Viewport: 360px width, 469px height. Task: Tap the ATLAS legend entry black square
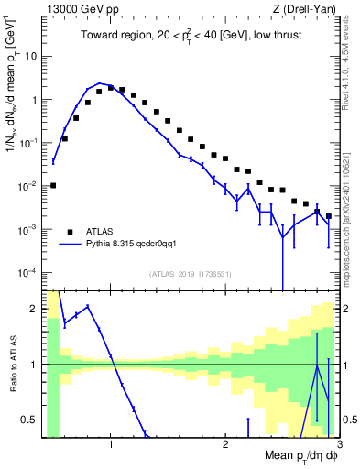[70, 231]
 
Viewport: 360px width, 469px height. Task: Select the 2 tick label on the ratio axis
[36, 308]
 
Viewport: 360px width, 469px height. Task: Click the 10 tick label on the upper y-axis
[31, 56]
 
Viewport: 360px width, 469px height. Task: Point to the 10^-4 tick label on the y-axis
[29, 272]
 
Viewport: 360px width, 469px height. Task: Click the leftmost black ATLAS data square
[53, 185]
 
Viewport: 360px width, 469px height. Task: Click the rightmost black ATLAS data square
[329, 216]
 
